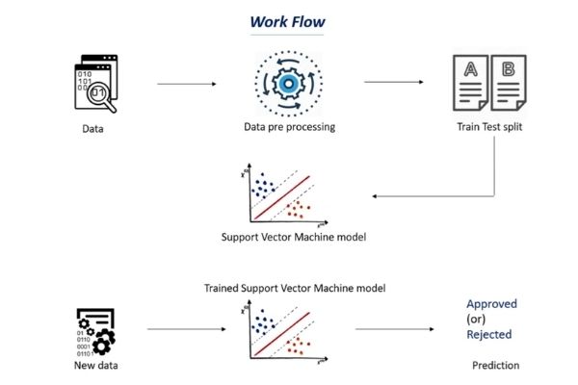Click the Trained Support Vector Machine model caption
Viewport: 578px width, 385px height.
point(288,288)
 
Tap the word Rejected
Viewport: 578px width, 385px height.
point(489,335)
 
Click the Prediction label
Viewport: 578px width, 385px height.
point(495,366)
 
